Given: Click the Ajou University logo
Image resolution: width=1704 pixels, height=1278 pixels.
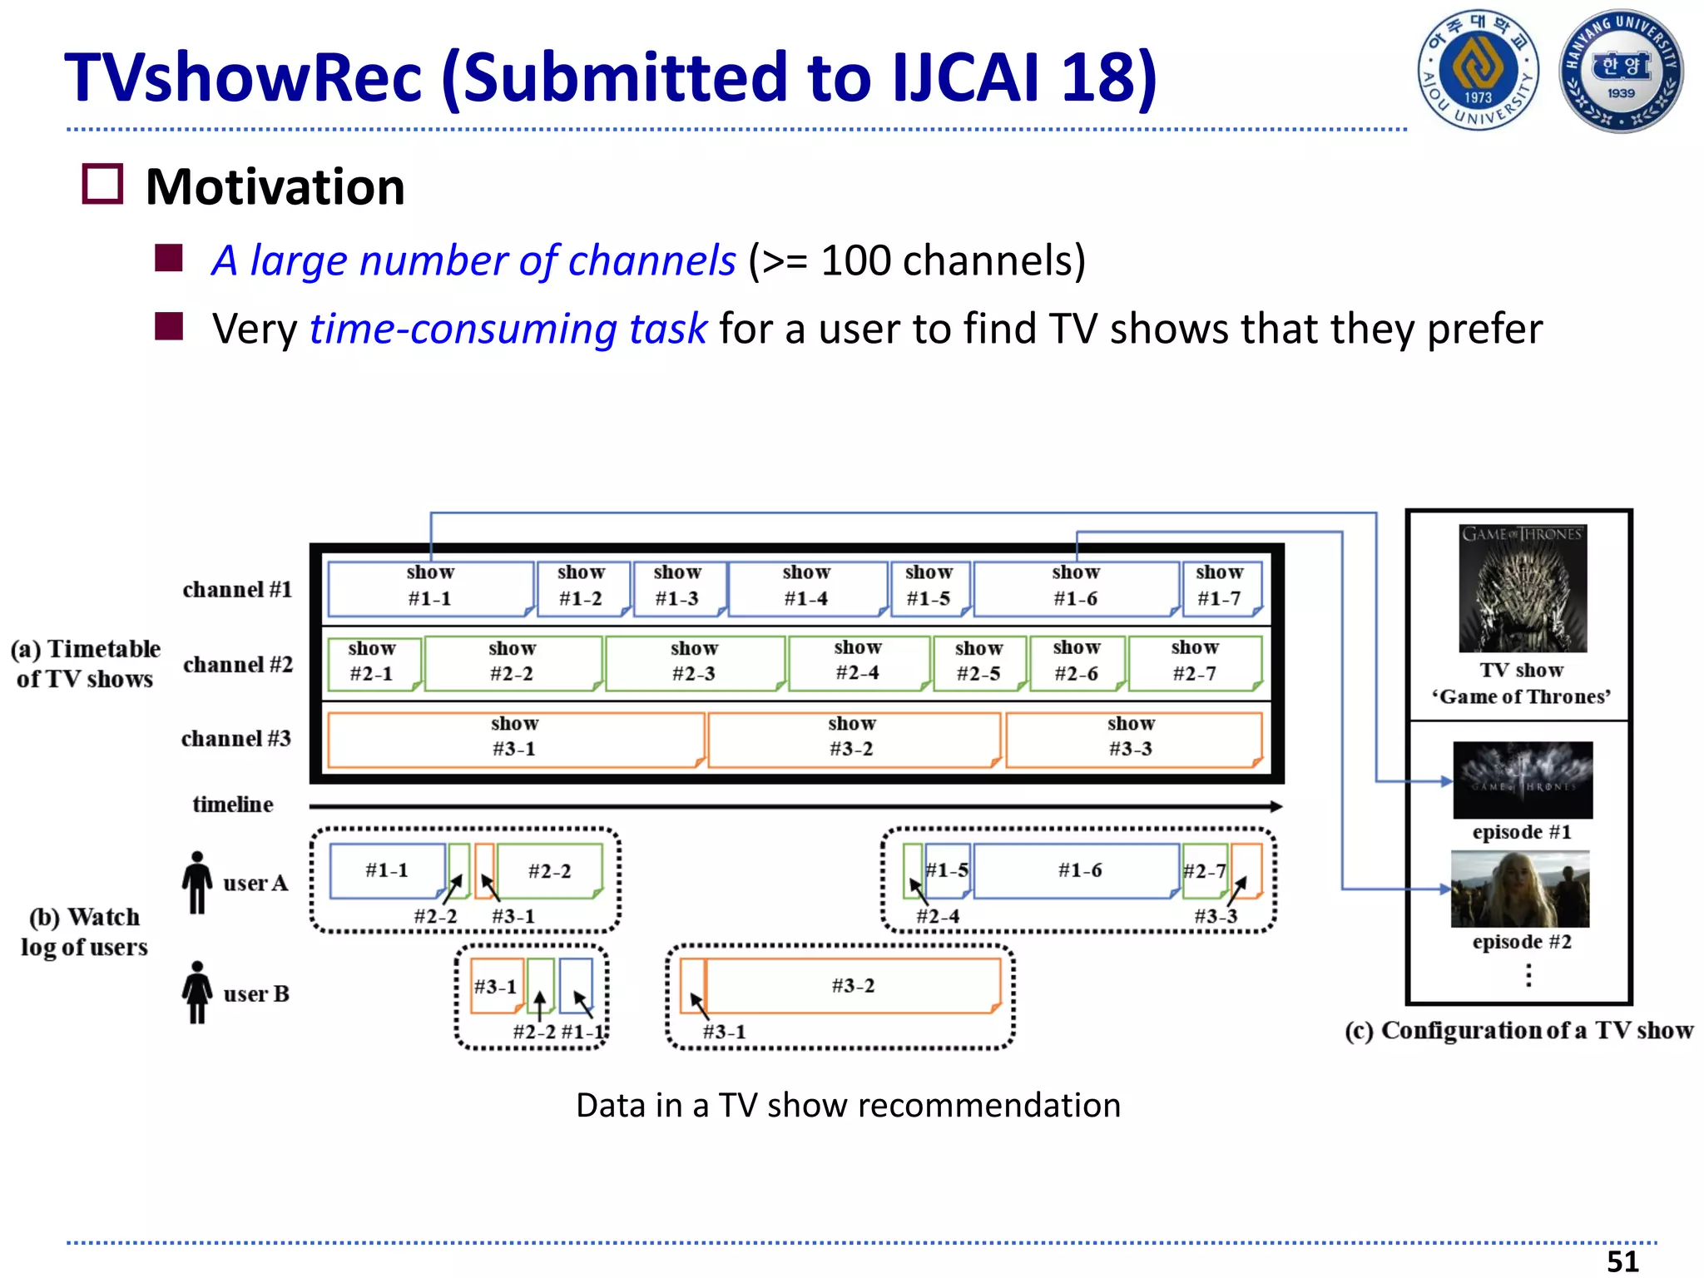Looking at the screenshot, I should pyautogui.click(x=1478, y=70).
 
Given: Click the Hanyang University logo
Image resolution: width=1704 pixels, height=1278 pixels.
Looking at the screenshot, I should pyautogui.click(x=1621, y=71).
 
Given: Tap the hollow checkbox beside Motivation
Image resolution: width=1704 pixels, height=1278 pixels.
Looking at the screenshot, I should pyautogui.click(x=102, y=184).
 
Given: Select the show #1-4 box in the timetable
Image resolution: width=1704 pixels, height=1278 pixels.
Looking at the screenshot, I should pyautogui.click(x=806, y=587).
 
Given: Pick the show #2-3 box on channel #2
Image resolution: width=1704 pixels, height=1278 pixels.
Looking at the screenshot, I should pyautogui.click(x=695, y=662).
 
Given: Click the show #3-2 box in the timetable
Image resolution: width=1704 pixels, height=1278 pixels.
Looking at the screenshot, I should pyautogui.click(x=853, y=738).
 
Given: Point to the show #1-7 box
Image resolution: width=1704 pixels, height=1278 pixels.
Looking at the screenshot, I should pyautogui.click(x=1220, y=587).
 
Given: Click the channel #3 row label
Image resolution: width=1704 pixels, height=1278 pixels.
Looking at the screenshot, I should pyautogui.click(x=236, y=739).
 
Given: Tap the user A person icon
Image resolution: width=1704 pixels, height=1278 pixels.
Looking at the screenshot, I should pyautogui.click(x=197, y=883).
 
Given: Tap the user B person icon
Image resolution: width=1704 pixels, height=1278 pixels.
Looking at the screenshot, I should pyautogui.click(x=197, y=993).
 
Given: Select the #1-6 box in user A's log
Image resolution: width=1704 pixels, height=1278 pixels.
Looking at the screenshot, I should pyautogui.click(x=1078, y=871).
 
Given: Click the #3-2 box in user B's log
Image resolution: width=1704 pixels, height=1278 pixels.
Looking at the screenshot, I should pyautogui.click(x=853, y=986).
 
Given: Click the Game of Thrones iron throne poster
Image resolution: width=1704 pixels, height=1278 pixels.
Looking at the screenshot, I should pyautogui.click(x=1523, y=588).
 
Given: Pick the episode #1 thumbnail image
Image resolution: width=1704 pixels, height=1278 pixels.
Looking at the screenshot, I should pyautogui.click(x=1523, y=780).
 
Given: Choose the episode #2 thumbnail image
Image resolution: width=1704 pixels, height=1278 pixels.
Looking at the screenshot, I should pyautogui.click(x=1520, y=889).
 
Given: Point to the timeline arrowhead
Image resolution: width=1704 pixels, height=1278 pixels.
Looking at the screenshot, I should pyautogui.click(x=1276, y=806).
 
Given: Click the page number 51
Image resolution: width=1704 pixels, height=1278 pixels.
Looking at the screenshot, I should pyautogui.click(x=1622, y=1261).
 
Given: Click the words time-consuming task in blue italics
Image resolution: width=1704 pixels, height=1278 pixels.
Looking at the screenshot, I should pyautogui.click(x=508, y=329).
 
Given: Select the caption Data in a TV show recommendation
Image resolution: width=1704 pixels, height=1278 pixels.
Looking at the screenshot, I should pyautogui.click(x=848, y=1106).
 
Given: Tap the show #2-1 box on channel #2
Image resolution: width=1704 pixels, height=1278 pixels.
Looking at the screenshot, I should pyautogui.click(x=373, y=662).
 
